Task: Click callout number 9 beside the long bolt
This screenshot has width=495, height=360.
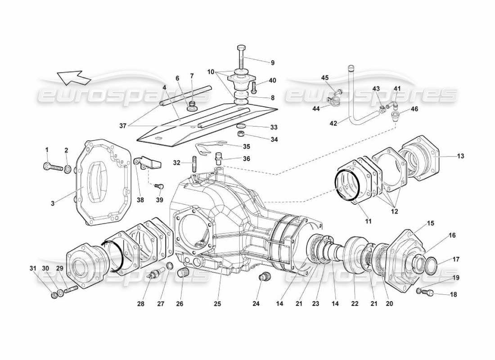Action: [272, 63]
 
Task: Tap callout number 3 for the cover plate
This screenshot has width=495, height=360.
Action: [53, 203]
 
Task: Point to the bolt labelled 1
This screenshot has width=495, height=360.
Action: [53, 167]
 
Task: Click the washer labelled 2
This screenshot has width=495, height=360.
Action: [67, 170]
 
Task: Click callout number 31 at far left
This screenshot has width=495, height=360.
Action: [32, 268]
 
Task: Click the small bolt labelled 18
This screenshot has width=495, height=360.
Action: [424, 292]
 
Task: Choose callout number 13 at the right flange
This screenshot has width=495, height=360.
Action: [460, 156]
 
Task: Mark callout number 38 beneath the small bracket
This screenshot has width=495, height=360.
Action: [140, 200]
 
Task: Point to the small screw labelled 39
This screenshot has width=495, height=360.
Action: [158, 186]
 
